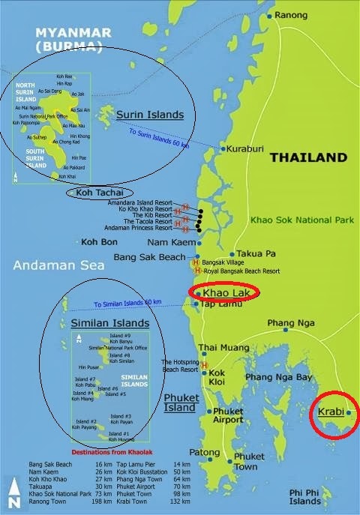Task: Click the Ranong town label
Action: click(292, 15)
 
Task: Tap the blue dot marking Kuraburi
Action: click(223, 149)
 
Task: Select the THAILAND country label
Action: click(308, 158)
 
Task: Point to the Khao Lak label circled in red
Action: click(229, 292)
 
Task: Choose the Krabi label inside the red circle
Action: click(328, 412)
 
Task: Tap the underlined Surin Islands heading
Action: click(150, 115)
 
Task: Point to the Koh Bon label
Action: click(98, 242)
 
